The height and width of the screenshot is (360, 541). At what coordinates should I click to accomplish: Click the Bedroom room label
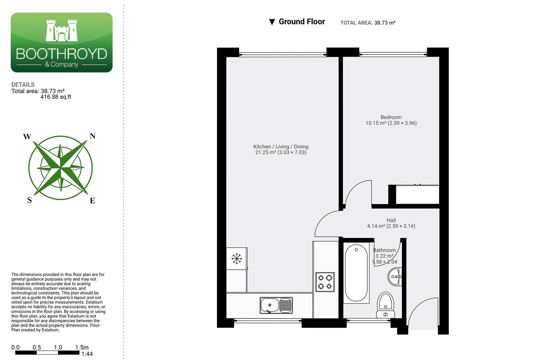(391, 117)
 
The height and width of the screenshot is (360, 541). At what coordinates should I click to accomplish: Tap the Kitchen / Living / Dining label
(281, 147)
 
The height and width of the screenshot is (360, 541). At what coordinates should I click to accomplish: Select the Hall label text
(391, 220)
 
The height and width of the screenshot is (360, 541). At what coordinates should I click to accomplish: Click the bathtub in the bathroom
(356, 273)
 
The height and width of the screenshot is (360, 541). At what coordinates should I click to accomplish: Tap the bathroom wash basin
(395, 277)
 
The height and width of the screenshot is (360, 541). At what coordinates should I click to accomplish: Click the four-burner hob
(325, 282)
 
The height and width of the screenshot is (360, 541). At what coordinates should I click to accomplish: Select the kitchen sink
(276, 305)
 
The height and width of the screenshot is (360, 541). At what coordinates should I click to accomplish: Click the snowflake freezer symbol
(237, 258)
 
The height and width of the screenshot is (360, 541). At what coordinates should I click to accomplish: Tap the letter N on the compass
(93, 136)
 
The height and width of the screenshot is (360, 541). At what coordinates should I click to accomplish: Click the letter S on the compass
(29, 200)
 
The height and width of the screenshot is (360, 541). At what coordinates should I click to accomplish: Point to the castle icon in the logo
(62, 30)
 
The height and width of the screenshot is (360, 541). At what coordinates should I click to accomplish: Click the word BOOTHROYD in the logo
(62, 54)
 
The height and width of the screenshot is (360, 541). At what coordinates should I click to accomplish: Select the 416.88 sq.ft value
(56, 97)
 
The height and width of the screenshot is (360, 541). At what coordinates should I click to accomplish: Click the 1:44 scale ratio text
(87, 354)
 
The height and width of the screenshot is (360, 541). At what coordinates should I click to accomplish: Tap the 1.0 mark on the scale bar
(58, 347)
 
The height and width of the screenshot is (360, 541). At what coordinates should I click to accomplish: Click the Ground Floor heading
(302, 22)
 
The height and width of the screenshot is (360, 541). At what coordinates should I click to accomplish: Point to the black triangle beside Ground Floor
(272, 22)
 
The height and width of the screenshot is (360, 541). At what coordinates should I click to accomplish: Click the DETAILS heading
(23, 85)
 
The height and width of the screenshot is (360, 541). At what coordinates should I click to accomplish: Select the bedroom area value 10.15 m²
(376, 123)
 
